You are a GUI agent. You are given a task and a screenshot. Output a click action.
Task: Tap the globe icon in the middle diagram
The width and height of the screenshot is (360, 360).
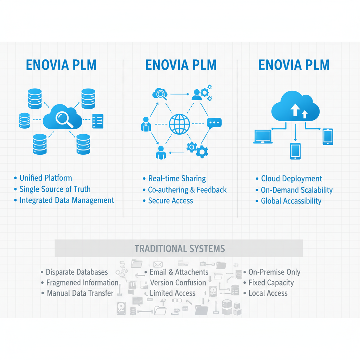pos(179,124)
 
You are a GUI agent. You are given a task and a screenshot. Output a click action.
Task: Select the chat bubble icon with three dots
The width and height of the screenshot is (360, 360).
pos(214,123)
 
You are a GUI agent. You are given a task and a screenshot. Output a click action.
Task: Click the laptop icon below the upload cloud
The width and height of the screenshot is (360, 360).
pos(263,136)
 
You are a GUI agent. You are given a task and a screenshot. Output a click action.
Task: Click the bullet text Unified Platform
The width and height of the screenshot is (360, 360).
pos(46,178)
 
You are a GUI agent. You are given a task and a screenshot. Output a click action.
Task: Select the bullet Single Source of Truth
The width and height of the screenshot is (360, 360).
pos(55,189)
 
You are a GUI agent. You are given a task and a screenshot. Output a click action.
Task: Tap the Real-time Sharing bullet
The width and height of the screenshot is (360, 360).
pos(177,179)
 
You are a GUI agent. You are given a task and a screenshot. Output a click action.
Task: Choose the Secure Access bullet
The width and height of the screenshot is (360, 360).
pos(171,201)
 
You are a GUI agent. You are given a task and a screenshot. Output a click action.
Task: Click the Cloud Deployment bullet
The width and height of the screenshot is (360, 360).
pos(291,179)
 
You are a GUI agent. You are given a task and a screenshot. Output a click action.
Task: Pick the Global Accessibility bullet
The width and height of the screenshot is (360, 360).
pos(291,201)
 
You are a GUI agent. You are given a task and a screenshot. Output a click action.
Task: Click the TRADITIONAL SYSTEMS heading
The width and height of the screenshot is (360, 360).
pos(180,249)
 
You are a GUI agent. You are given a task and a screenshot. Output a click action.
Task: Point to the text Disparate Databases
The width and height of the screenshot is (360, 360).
pos(77,272)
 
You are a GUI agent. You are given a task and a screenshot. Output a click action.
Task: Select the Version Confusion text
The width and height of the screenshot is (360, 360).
pos(178,283)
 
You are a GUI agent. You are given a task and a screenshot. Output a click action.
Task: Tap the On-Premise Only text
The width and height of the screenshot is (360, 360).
pos(274,272)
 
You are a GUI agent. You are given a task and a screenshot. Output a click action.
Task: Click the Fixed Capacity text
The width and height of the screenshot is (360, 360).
pos(271,283)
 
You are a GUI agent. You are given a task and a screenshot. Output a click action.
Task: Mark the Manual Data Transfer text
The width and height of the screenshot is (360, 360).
pos(80,293)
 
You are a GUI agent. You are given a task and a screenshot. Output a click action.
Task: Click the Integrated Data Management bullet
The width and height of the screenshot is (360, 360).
pos(67,200)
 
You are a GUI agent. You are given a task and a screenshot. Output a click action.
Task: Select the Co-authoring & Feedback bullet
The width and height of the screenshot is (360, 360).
pos(187,190)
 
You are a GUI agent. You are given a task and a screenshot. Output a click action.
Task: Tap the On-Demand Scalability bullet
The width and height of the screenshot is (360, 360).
pos(296,190)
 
